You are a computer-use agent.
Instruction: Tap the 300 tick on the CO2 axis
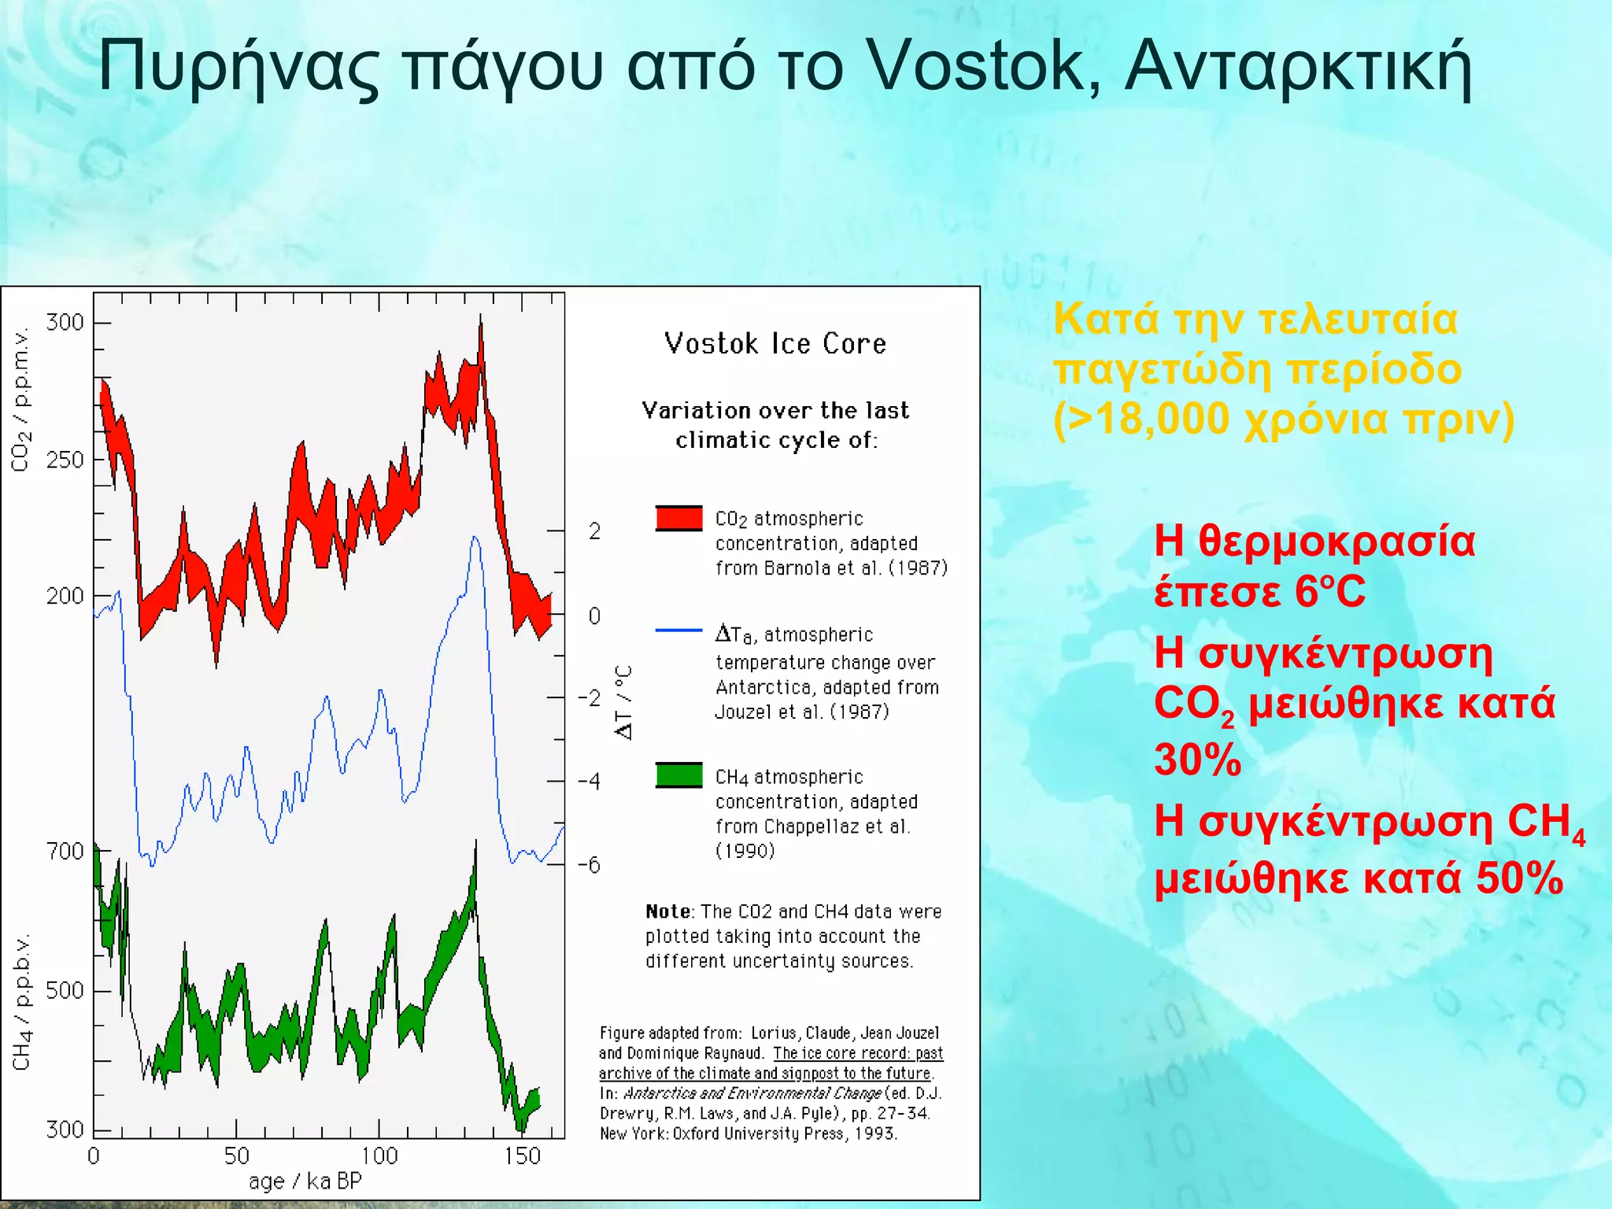tap(65, 323)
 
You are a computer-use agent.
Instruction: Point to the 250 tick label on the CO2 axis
tap(65, 460)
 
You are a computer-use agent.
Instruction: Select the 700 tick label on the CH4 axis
tap(65, 852)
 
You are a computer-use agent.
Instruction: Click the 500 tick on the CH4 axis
tap(65, 990)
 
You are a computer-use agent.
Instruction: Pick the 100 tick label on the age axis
tap(379, 1155)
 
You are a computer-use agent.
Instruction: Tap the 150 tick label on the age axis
tap(522, 1155)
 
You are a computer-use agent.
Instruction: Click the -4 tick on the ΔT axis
tap(588, 781)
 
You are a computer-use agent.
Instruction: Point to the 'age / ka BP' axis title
tap(305, 1181)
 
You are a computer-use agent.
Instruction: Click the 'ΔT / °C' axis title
tap(623, 702)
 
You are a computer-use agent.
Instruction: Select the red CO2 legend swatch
tap(678, 518)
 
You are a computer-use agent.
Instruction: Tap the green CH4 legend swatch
tap(678, 775)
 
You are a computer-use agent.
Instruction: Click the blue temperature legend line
tap(678, 630)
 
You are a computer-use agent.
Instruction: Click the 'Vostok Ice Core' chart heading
tap(775, 344)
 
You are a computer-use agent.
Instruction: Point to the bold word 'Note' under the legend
tap(667, 911)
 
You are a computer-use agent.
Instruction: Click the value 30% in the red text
tap(1197, 760)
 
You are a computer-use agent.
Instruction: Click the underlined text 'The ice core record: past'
tap(857, 1053)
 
